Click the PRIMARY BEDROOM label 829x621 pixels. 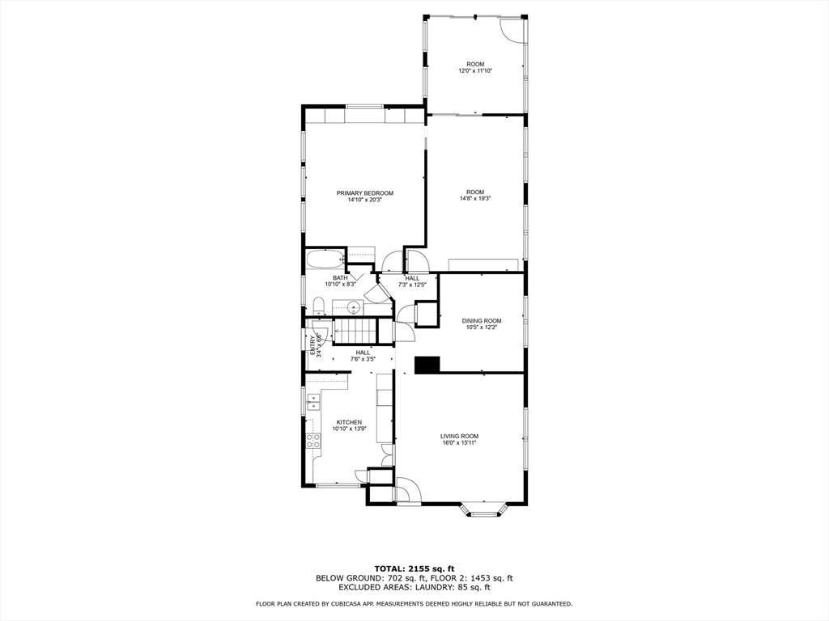365,193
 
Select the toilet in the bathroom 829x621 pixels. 318,306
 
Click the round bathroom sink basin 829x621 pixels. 353,306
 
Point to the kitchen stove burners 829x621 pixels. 313,441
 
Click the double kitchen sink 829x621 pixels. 312,403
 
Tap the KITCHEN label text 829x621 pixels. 350,422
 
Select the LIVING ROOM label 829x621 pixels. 460,436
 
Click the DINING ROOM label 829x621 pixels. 482,320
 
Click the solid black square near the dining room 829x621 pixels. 427,365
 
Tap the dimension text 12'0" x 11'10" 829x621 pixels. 475,71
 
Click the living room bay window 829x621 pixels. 484,510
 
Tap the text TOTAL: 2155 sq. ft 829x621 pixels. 414,568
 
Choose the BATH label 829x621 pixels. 340,278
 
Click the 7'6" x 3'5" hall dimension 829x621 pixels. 363,359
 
